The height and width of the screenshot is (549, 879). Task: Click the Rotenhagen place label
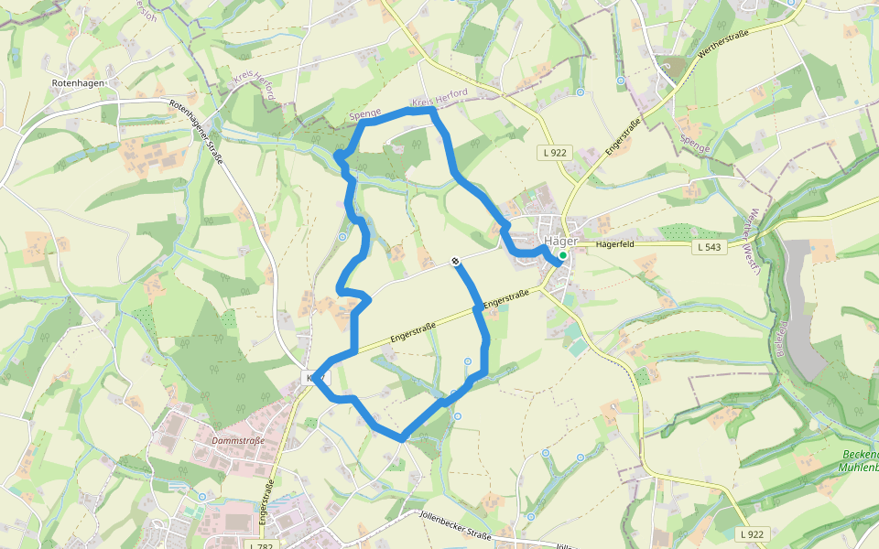pos(78,82)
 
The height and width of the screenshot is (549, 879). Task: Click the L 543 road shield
pos(711,247)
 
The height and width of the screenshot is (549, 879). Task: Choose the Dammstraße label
pos(237,440)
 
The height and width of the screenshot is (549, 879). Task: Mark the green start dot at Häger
pos(562,256)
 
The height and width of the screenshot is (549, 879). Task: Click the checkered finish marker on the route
pos(455,263)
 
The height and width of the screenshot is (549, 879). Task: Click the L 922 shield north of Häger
pos(556,153)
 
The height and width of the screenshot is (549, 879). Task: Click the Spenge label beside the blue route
pos(365,113)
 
